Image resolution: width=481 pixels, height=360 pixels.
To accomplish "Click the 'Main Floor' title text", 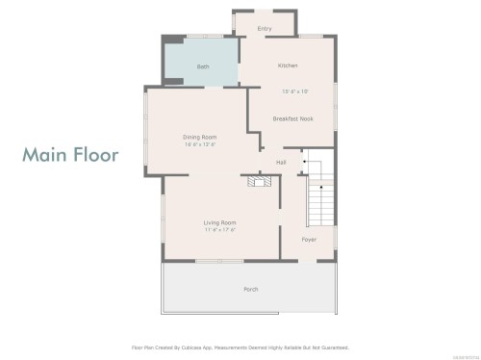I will (70, 154).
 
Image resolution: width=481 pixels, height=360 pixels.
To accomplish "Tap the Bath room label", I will (203, 66).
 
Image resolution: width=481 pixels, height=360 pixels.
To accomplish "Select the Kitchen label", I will (288, 65).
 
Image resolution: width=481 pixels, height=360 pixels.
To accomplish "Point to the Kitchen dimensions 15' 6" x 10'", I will (295, 91).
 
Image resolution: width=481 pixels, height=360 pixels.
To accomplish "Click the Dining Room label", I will (199, 137).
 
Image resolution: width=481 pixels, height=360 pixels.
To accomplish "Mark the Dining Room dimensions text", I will (199, 144).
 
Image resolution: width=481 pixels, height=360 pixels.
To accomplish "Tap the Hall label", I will (281, 162).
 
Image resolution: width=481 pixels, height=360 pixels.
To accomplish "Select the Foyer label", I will (309, 239).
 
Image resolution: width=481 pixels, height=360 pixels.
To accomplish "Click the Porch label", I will (251, 289).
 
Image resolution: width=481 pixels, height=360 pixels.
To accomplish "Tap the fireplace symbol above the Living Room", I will (256, 181).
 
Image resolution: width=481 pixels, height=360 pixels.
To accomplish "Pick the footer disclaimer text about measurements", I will (240, 347).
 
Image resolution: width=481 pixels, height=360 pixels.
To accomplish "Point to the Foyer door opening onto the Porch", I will (309, 260).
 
